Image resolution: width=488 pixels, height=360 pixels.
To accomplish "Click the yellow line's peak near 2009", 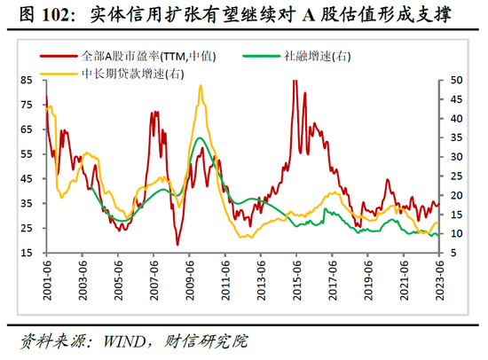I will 201,86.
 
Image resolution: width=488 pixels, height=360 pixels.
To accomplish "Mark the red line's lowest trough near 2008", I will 177,245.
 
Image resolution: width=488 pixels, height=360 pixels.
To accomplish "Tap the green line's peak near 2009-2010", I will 201,139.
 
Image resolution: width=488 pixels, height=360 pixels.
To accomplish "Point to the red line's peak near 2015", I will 294,81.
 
